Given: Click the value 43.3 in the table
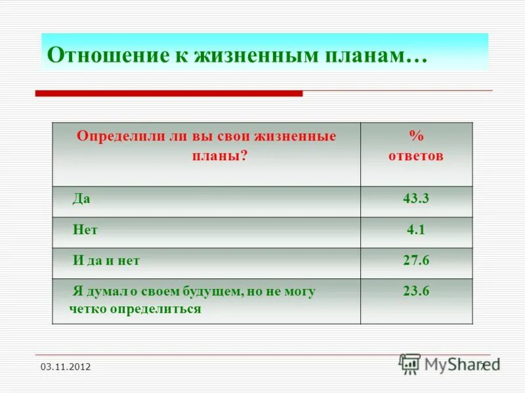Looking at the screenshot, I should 416,200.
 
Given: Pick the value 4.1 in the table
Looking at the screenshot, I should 416,230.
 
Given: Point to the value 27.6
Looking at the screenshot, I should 416,261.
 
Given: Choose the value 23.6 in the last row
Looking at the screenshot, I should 416,291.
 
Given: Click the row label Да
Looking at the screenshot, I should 81,200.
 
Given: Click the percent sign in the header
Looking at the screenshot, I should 416,137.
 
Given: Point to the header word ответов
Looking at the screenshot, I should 416,156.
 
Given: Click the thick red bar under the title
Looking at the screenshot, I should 169,94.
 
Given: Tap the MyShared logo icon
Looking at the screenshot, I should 410,363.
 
